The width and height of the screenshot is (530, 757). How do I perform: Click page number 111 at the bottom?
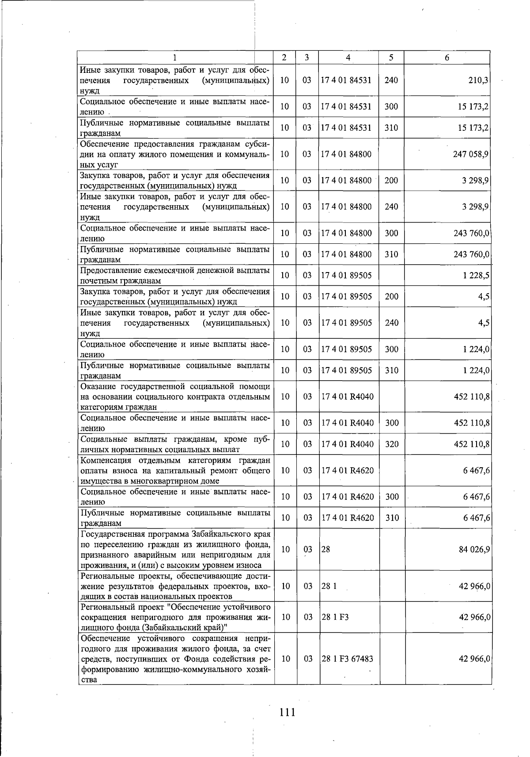(287, 712)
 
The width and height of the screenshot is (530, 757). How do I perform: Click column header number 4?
(348, 57)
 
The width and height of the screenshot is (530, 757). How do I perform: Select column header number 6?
(447, 57)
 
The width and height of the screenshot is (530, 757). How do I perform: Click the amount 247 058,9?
(471, 154)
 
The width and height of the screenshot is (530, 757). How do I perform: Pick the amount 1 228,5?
(476, 275)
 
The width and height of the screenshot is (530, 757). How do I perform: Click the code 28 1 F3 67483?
(347, 659)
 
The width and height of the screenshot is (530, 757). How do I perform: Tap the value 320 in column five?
(391, 444)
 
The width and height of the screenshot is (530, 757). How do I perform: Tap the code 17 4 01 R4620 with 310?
(347, 518)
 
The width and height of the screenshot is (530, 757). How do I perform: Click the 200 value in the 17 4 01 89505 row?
(391, 296)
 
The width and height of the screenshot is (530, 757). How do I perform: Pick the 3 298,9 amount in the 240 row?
(476, 206)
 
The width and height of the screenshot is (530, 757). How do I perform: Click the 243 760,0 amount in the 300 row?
(471, 233)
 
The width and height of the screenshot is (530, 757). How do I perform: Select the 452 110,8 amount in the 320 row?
(472, 444)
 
